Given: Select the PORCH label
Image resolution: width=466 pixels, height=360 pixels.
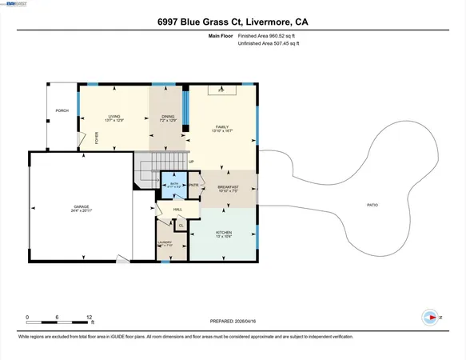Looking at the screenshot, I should [60, 110].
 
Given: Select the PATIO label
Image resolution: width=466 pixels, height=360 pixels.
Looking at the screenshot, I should [372, 205].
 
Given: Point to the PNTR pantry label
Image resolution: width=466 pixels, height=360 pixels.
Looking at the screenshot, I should [193, 185].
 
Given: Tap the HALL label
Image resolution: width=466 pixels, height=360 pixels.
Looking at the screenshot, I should [177, 210].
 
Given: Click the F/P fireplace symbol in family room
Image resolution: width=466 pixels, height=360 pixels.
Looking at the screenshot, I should [221, 91].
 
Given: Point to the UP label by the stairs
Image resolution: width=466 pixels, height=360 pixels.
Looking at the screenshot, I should [191, 162].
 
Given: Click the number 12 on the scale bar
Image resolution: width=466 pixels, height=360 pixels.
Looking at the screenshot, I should [90, 316].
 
